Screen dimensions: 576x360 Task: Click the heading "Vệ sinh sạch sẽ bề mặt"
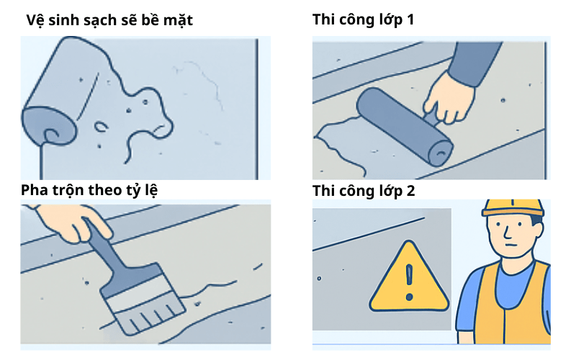coord(109,20)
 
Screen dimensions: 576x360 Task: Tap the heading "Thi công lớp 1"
coord(363,19)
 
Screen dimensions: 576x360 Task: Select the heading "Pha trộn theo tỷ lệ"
coord(89,190)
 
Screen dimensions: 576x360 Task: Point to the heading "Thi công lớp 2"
coord(364,191)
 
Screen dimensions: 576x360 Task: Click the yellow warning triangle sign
coord(409,279)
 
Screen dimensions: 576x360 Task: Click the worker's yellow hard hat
coord(513,208)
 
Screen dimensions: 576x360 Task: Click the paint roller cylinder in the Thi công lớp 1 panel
coord(405,127)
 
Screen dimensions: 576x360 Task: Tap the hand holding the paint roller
coord(447,99)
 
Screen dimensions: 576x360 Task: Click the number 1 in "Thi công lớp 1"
coord(410,19)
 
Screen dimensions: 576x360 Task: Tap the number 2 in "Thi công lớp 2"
coord(410,191)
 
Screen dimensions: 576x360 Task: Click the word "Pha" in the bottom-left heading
coord(34,190)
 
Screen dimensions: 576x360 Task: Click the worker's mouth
coord(509,245)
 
